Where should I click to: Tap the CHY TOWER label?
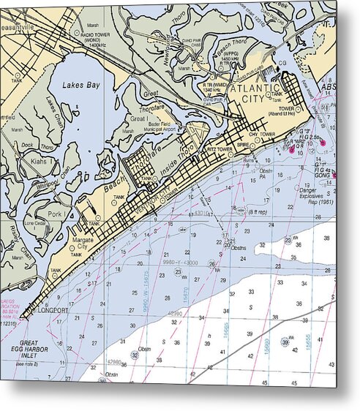pyautogui.click(x=262, y=135)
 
